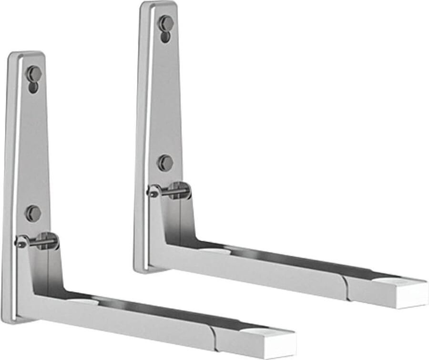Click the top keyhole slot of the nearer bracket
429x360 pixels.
[x=33, y=77]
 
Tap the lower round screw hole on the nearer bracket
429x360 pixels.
[x=33, y=213]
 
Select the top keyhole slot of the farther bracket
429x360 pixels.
[x=165, y=27]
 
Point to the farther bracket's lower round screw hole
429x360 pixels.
[x=165, y=163]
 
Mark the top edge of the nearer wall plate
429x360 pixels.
[x=26, y=53]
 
